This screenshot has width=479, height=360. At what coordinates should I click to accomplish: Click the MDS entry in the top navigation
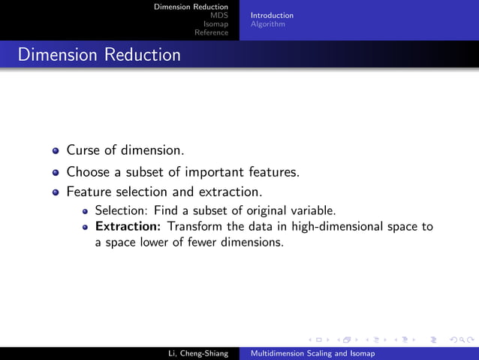click(219, 15)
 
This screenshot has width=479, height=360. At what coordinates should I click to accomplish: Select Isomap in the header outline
click(215, 24)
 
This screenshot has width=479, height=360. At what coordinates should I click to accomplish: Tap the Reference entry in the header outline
click(211, 32)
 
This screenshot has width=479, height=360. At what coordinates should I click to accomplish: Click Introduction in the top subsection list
click(272, 15)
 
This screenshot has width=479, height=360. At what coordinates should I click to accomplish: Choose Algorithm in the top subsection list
click(267, 24)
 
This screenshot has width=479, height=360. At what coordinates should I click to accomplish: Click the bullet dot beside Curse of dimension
click(56, 150)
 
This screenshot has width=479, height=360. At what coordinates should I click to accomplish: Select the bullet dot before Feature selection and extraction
click(56, 192)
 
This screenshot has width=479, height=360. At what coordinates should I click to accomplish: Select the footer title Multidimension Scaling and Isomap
click(312, 352)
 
